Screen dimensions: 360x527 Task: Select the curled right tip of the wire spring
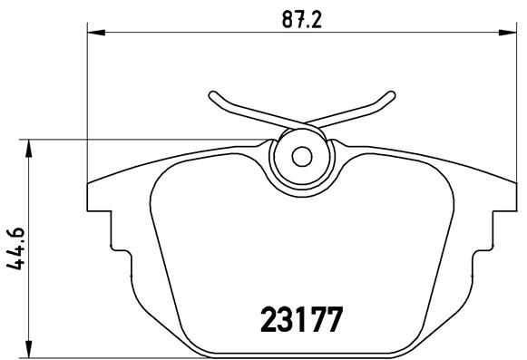393,93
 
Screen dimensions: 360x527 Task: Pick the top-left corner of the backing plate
89,186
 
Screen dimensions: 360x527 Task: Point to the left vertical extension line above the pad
87,109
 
